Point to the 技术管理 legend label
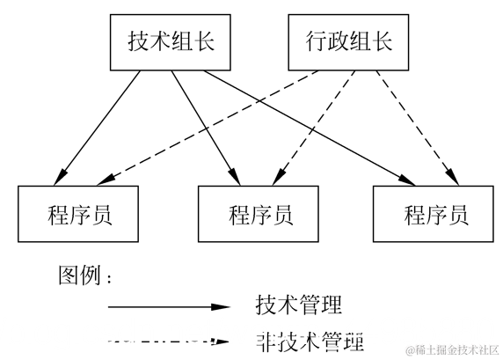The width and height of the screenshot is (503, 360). pos(299,305)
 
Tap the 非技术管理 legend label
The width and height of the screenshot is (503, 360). pos(310,342)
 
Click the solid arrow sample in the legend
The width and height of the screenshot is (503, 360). pos(169,307)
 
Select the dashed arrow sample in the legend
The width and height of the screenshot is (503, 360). pos(169,342)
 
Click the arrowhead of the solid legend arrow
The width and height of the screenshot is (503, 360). pos(221,307)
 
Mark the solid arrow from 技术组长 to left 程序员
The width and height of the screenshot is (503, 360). pos(97,129)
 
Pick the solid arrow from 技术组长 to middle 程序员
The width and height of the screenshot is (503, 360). pos(206,129)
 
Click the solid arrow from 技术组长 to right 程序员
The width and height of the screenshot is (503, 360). pos(310,129)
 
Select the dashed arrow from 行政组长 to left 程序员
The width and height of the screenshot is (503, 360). pos(208,129)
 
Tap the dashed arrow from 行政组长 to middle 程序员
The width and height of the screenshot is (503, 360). pos(313,129)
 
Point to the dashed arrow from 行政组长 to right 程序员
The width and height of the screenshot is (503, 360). pos(418,129)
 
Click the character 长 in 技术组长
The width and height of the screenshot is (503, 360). pos(204,41)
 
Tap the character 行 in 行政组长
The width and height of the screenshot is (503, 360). pos(316,41)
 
